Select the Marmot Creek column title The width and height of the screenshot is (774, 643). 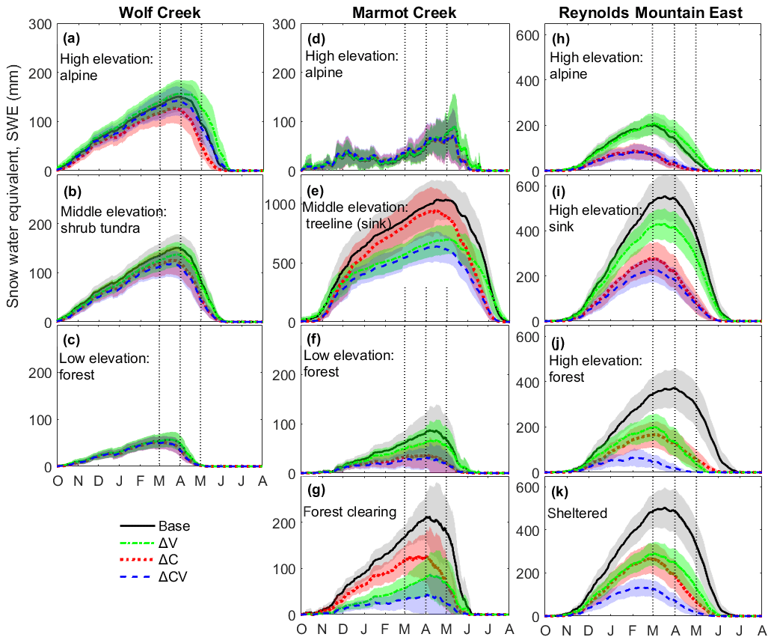(404, 10)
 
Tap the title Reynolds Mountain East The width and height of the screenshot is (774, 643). (648, 10)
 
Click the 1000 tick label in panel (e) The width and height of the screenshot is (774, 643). (283, 204)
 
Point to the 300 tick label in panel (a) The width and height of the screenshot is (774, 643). (42, 25)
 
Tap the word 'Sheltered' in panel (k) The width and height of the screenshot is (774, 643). (577, 513)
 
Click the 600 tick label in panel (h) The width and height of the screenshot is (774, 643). (527, 34)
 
